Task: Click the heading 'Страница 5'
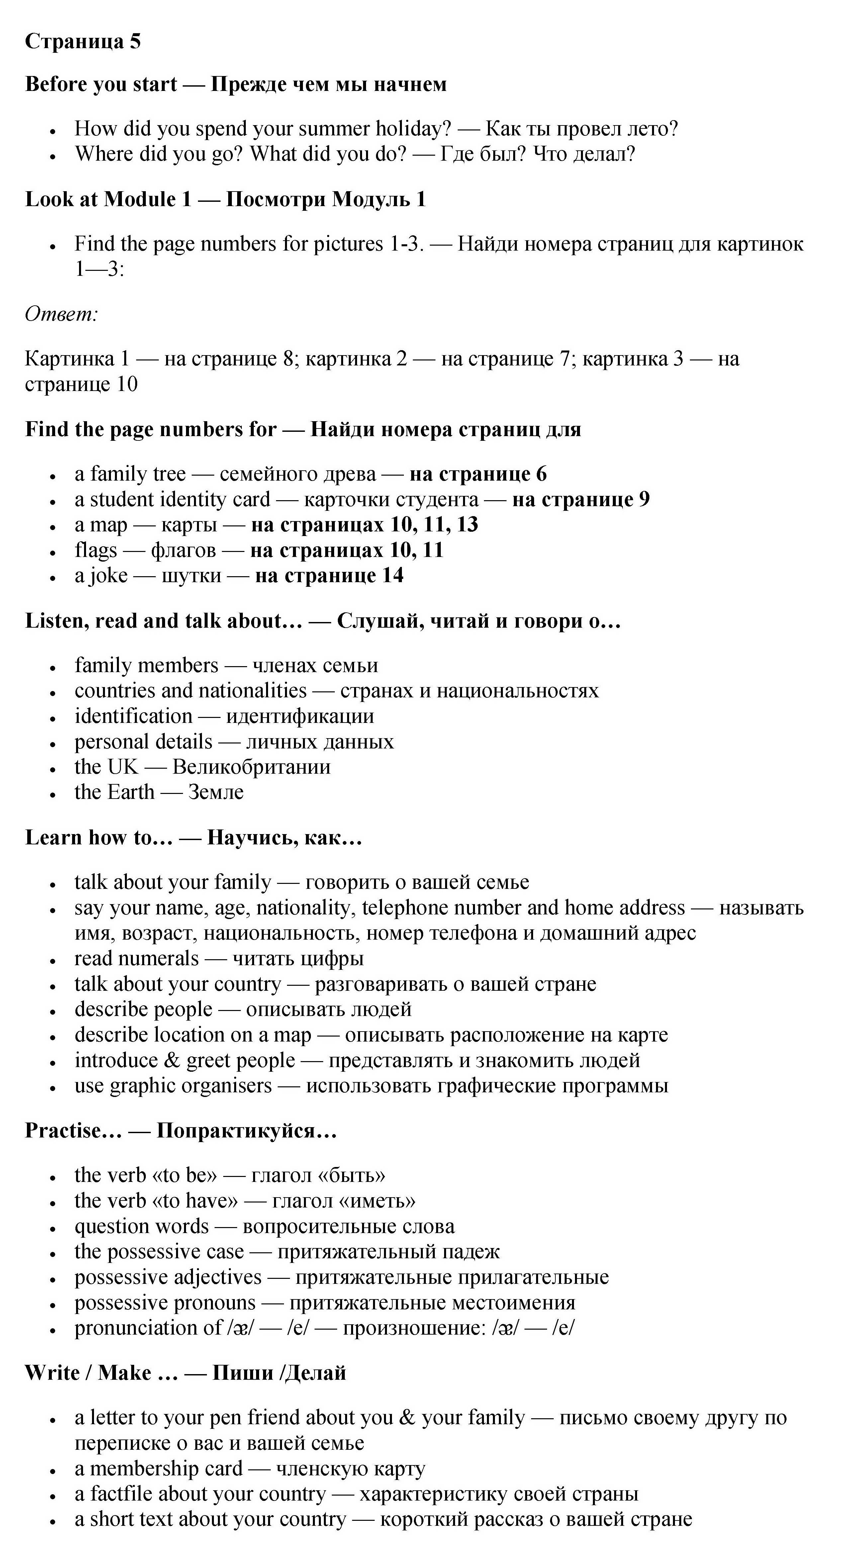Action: (83, 41)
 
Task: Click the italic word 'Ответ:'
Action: (61, 314)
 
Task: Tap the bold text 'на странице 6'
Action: (478, 474)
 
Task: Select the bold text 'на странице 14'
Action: (329, 576)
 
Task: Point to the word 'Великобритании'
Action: (251, 767)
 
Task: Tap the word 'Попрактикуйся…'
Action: (246, 1130)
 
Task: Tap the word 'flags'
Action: (95, 550)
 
